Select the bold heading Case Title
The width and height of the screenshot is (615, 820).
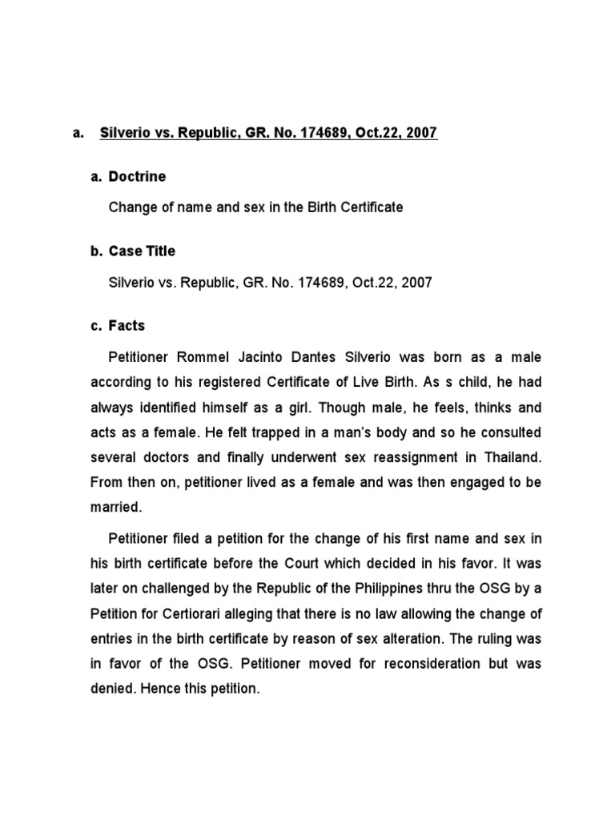[x=143, y=251]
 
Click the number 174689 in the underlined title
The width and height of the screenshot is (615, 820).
[x=315, y=133]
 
